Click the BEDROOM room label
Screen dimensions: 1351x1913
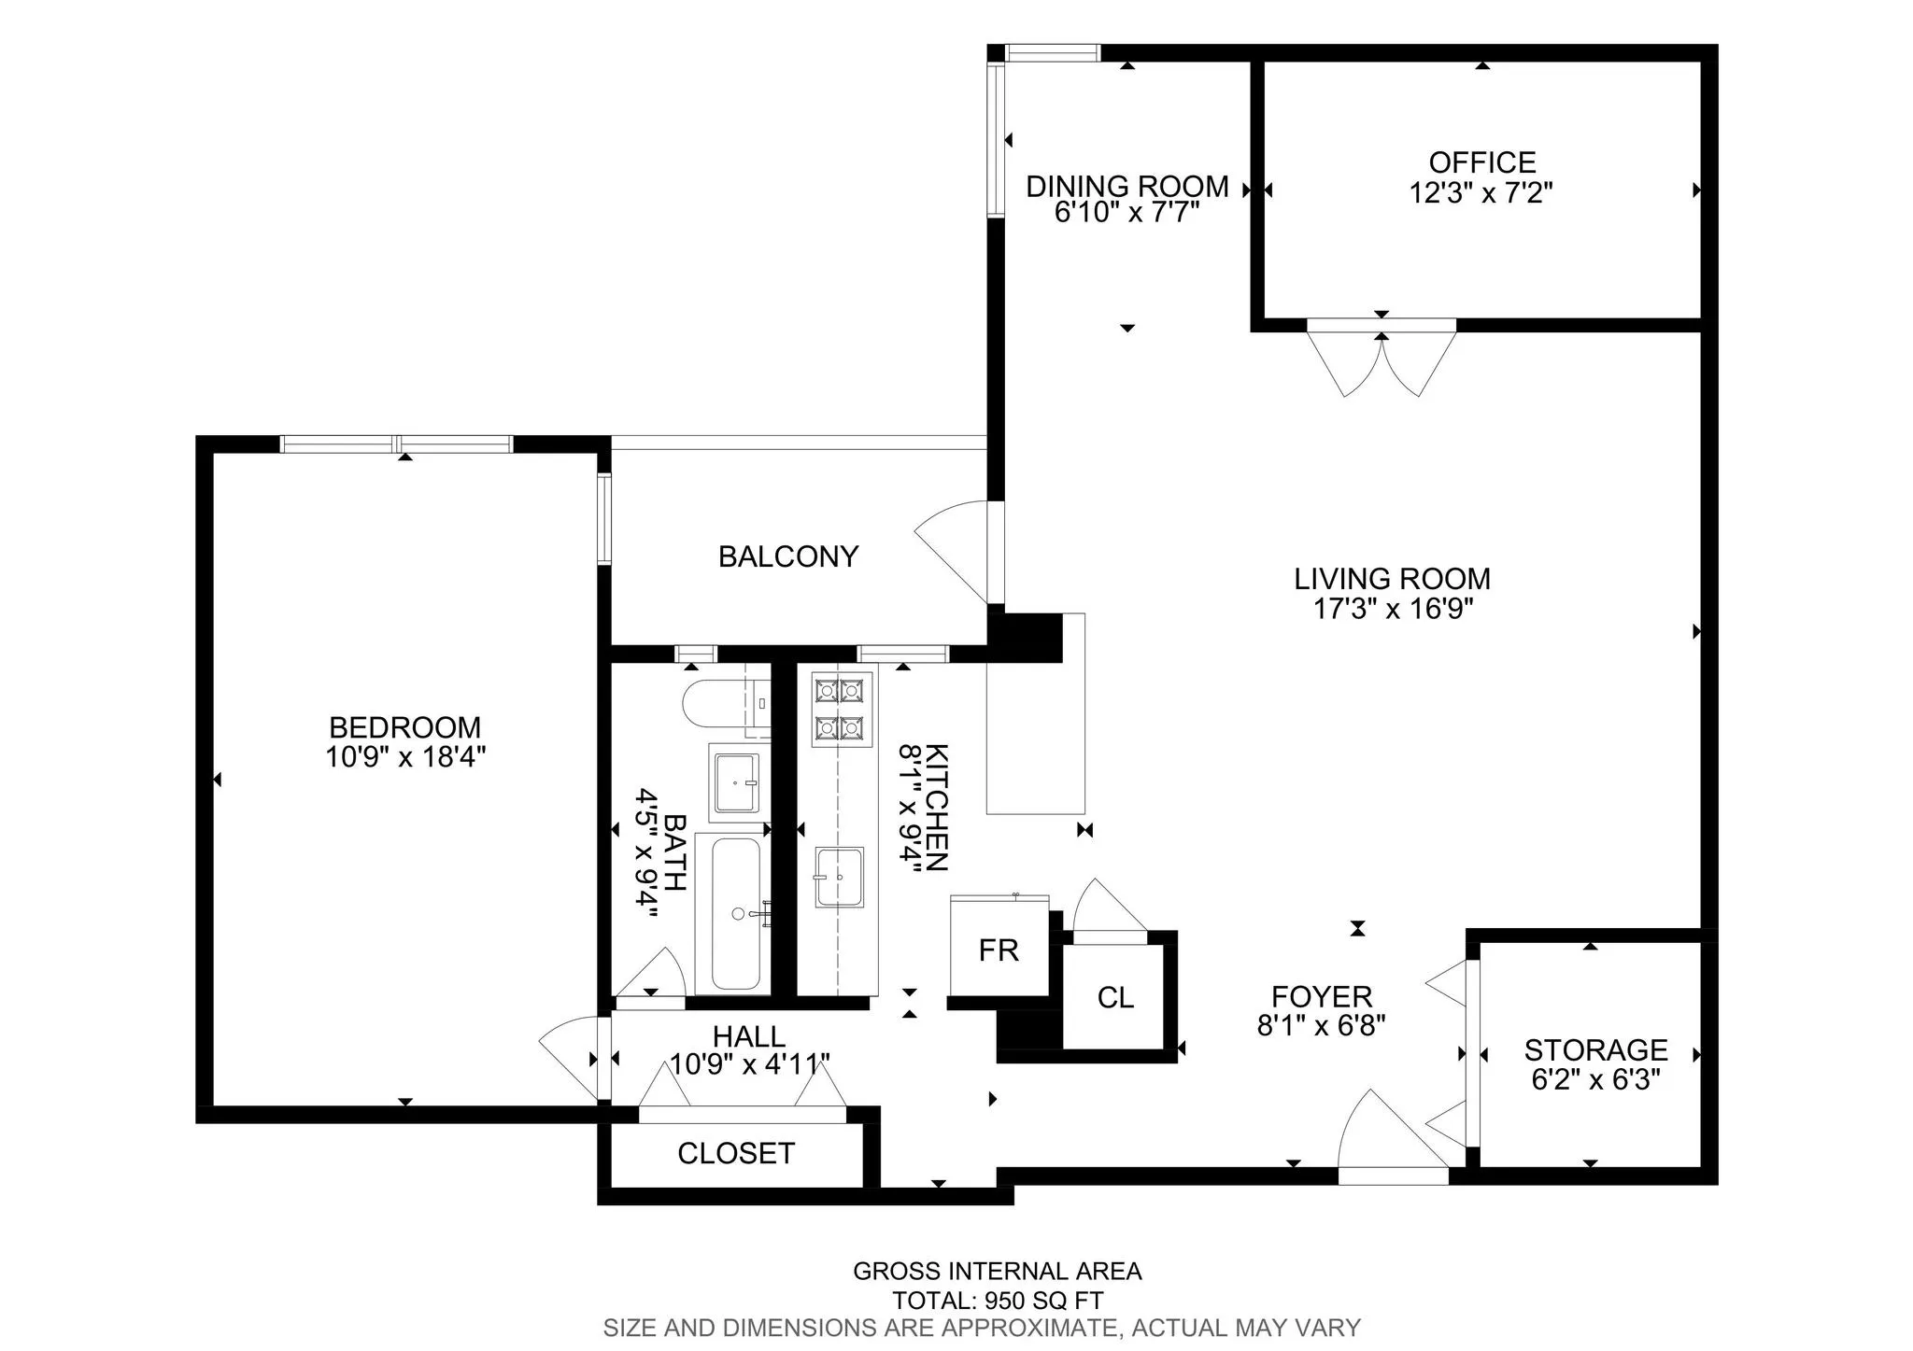tap(404, 726)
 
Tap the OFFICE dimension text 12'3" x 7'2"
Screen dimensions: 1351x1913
tap(1481, 193)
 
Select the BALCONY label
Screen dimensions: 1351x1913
tap(787, 556)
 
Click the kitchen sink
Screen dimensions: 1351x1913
tap(839, 877)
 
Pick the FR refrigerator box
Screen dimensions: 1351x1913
tap(999, 950)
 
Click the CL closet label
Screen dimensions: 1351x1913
tap(1115, 997)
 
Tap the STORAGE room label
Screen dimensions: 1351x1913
tap(1595, 1049)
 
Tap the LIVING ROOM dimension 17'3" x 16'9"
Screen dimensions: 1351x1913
tap(1393, 609)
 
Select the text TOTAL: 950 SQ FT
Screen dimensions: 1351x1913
tap(997, 1300)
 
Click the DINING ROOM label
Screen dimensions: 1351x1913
tap(1127, 186)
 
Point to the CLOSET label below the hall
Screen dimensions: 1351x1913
tap(735, 1153)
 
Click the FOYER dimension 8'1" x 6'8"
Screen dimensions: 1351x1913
tap(1321, 1025)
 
